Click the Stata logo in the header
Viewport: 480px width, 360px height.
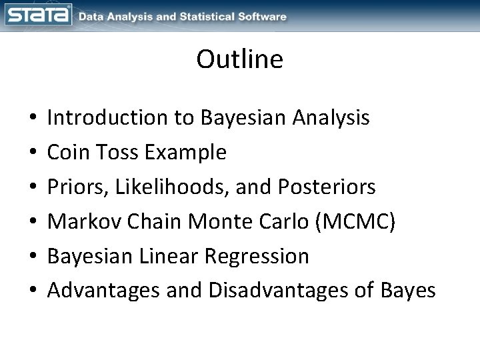[x=37, y=15]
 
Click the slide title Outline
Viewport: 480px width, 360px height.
[x=239, y=60]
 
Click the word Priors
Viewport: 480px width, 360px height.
[x=78, y=187]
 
